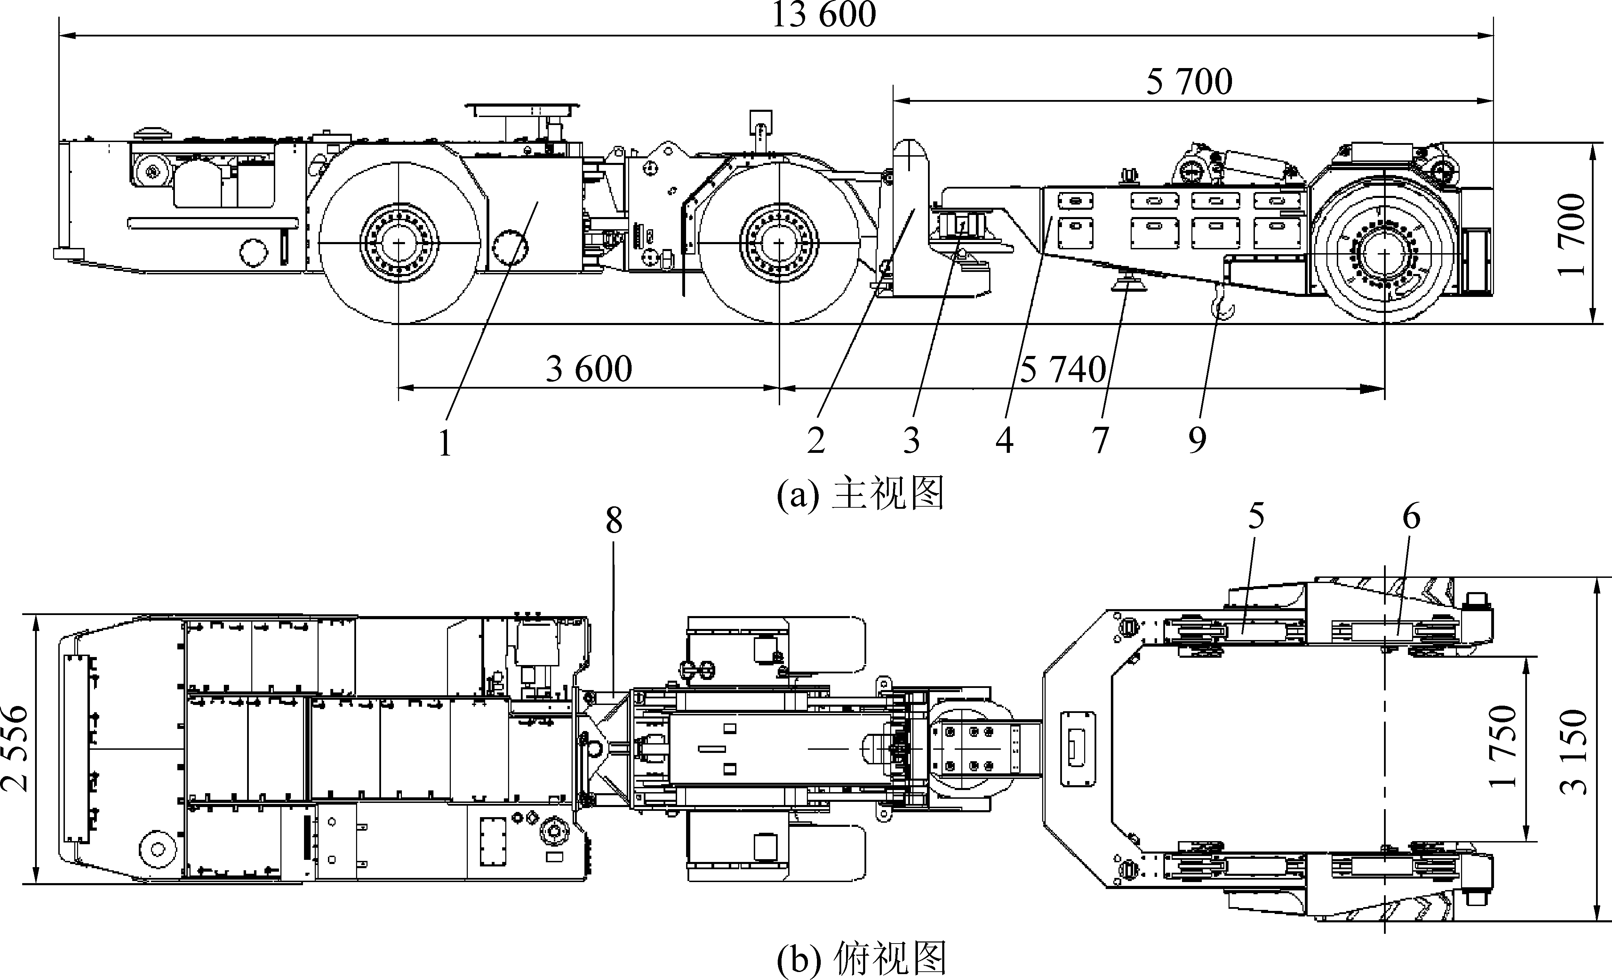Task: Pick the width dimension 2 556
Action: coord(14,748)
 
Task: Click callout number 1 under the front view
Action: coord(445,443)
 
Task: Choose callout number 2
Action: coord(815,440)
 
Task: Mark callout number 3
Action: coord(911,440)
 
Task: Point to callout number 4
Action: coord(1004,440)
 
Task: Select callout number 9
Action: coord(1197,440)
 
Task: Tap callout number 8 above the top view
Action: coord(614,521)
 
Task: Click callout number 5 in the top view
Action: coord(1256,516)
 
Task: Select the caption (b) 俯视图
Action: coord(861,959)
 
